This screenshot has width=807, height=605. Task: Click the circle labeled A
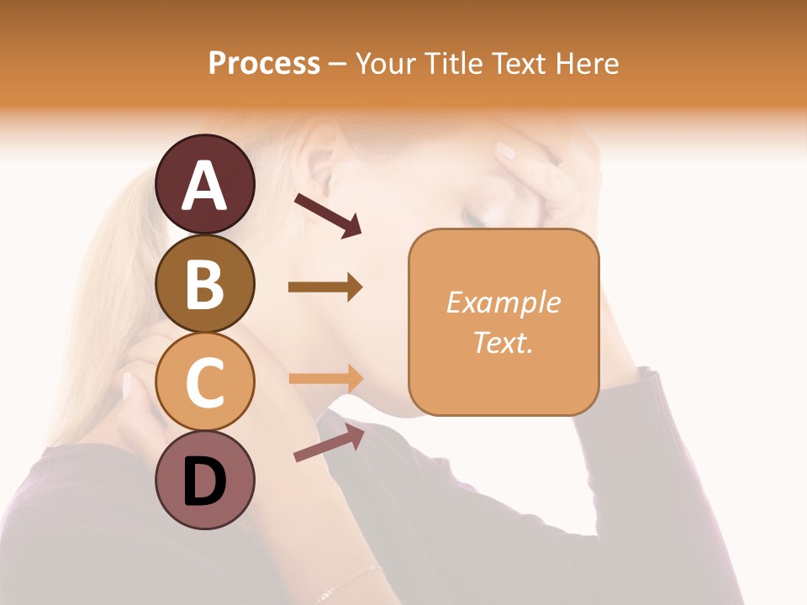pyautogui.click(x=205, y=184)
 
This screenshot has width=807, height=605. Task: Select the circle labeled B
pyautogui.click(x=205, y=283)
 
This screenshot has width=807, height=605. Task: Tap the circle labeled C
pyautogui.click(x=205, y=381)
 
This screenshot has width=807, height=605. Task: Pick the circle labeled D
pyautogui.click(x=205, y=480)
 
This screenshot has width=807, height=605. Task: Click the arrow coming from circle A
pyautogui.click(x=328, y=214)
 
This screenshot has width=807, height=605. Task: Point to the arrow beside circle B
pyautogui.click(x=325, y=287)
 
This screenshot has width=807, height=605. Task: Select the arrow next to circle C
pyautogui.click(x=326, y=378)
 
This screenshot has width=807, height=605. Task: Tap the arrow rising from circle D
pyautogui.click(x=329, y=443)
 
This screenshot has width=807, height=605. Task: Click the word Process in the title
pyautogui.click(x=264, y=63)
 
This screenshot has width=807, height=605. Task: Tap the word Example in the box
pyautogui.click(x=504, y=302)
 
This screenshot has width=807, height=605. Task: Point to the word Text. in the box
pyautogui.click(x=504, y=342)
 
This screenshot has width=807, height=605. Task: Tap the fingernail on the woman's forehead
pyautogui.click(x=505, y=152)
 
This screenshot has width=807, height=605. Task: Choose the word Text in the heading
pyautogui.click(x=517, y=63)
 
